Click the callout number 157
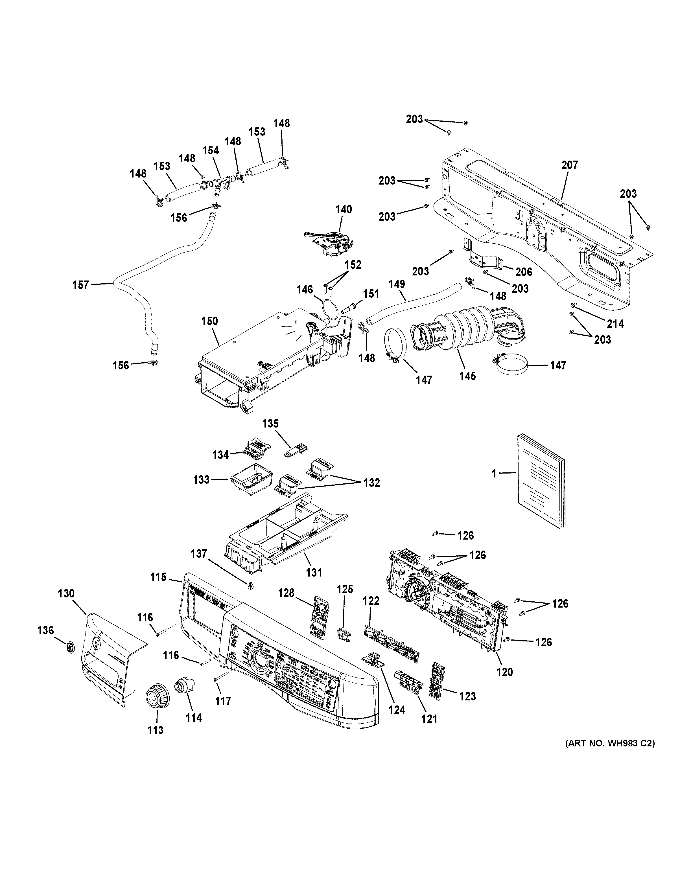(81, 285)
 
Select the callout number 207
(569, 165)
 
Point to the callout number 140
(344, 210)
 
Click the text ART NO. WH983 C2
(610, 743)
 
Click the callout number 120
(504, 672)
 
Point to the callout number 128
(286, 593)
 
